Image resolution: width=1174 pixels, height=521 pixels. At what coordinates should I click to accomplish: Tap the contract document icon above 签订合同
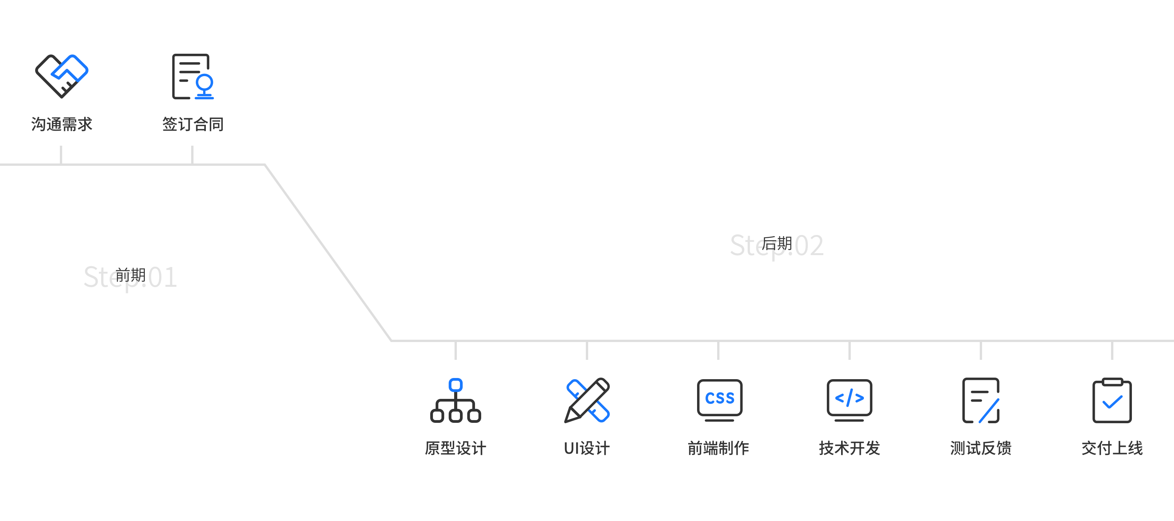point(193,77)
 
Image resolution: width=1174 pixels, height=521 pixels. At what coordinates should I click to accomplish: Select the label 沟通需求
point(61,124)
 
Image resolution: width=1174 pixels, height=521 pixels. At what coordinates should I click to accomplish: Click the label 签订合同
point(193,124)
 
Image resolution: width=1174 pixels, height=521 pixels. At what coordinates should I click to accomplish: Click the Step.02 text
point(777,245)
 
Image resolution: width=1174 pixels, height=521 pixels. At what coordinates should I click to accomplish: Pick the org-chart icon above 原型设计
point(455,400)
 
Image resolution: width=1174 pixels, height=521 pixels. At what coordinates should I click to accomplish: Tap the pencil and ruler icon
point(587,400)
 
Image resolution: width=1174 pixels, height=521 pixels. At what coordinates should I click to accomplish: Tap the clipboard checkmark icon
point(1112,400)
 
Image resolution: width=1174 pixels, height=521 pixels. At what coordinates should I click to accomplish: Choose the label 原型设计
point(455,448)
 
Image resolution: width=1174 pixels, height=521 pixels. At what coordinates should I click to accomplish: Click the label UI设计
point(587,448)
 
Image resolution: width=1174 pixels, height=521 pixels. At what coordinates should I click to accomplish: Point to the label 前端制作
point(718,448)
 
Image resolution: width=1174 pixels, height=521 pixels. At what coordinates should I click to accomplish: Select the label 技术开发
point(850,448)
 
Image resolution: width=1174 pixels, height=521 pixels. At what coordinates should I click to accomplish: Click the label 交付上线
point(1112,448)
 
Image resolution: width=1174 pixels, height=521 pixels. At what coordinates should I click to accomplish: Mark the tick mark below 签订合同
point(192,155)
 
